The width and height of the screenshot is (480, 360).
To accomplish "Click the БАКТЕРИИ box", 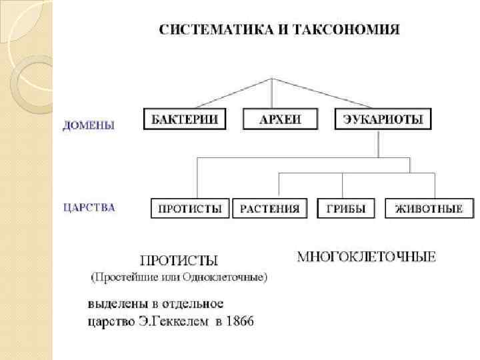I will coord(184,120).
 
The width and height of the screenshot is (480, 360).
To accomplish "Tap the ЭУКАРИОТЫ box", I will coord(382,120).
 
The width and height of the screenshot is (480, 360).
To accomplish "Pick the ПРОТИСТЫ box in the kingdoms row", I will coord(190,209).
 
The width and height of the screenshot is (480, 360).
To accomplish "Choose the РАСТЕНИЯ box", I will coord(270,209).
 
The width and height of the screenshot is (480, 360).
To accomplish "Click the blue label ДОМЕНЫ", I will coord(89,125).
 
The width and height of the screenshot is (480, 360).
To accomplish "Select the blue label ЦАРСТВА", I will coord(89,207).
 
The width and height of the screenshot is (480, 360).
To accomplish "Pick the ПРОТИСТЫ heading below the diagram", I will coord(179,260).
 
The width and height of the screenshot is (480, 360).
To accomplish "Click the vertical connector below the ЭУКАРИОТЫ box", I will coord(378,143).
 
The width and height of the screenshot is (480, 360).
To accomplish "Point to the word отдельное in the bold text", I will coord(193,304).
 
